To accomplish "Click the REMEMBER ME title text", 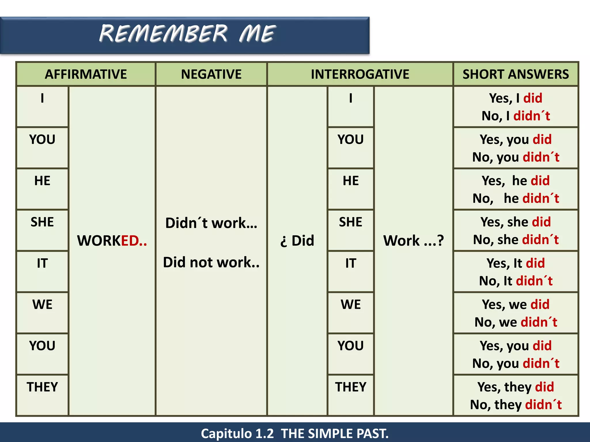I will tap(187, 34).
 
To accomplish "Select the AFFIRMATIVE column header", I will tap(86, 74).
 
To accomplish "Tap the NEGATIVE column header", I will tap(211, 74).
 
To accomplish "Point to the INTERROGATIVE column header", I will tap(360, 74).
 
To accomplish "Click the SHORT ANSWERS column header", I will tap(516, 74).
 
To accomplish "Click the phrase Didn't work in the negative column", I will tap(211, 223).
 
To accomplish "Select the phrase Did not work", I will tap(211, 262).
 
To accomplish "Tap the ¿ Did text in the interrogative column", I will tap(297, 241).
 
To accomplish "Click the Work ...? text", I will tap(413, 241).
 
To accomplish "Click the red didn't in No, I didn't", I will tap(532, 116).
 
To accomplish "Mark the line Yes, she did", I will tap(516, 222).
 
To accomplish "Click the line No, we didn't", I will tap(516, 322).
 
